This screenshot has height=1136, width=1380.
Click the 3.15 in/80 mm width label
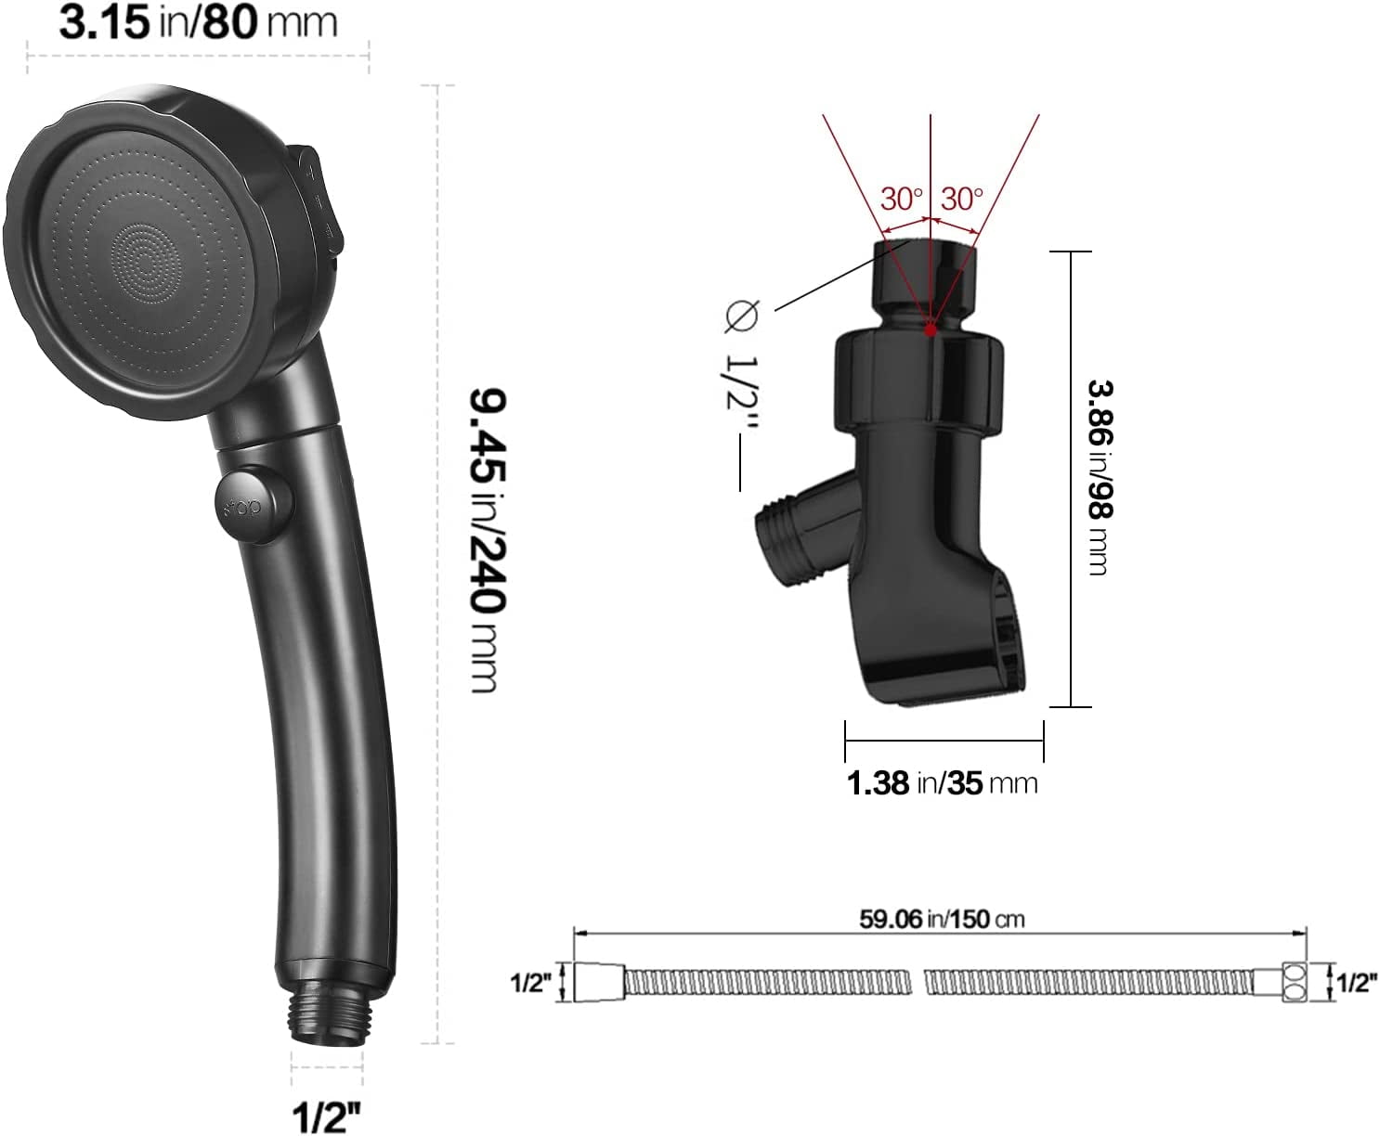(x=198, y=22)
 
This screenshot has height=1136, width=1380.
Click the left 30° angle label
(x=902, y=199)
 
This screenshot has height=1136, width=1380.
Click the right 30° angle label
(x=961, y=199)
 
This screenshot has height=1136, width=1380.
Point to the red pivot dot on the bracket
(x=931, y=329)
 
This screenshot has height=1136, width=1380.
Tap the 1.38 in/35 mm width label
(x=942, y=782)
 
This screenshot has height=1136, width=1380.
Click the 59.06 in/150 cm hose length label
(x=942, y=919)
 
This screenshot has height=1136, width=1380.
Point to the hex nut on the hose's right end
(x=1293, y=983)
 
